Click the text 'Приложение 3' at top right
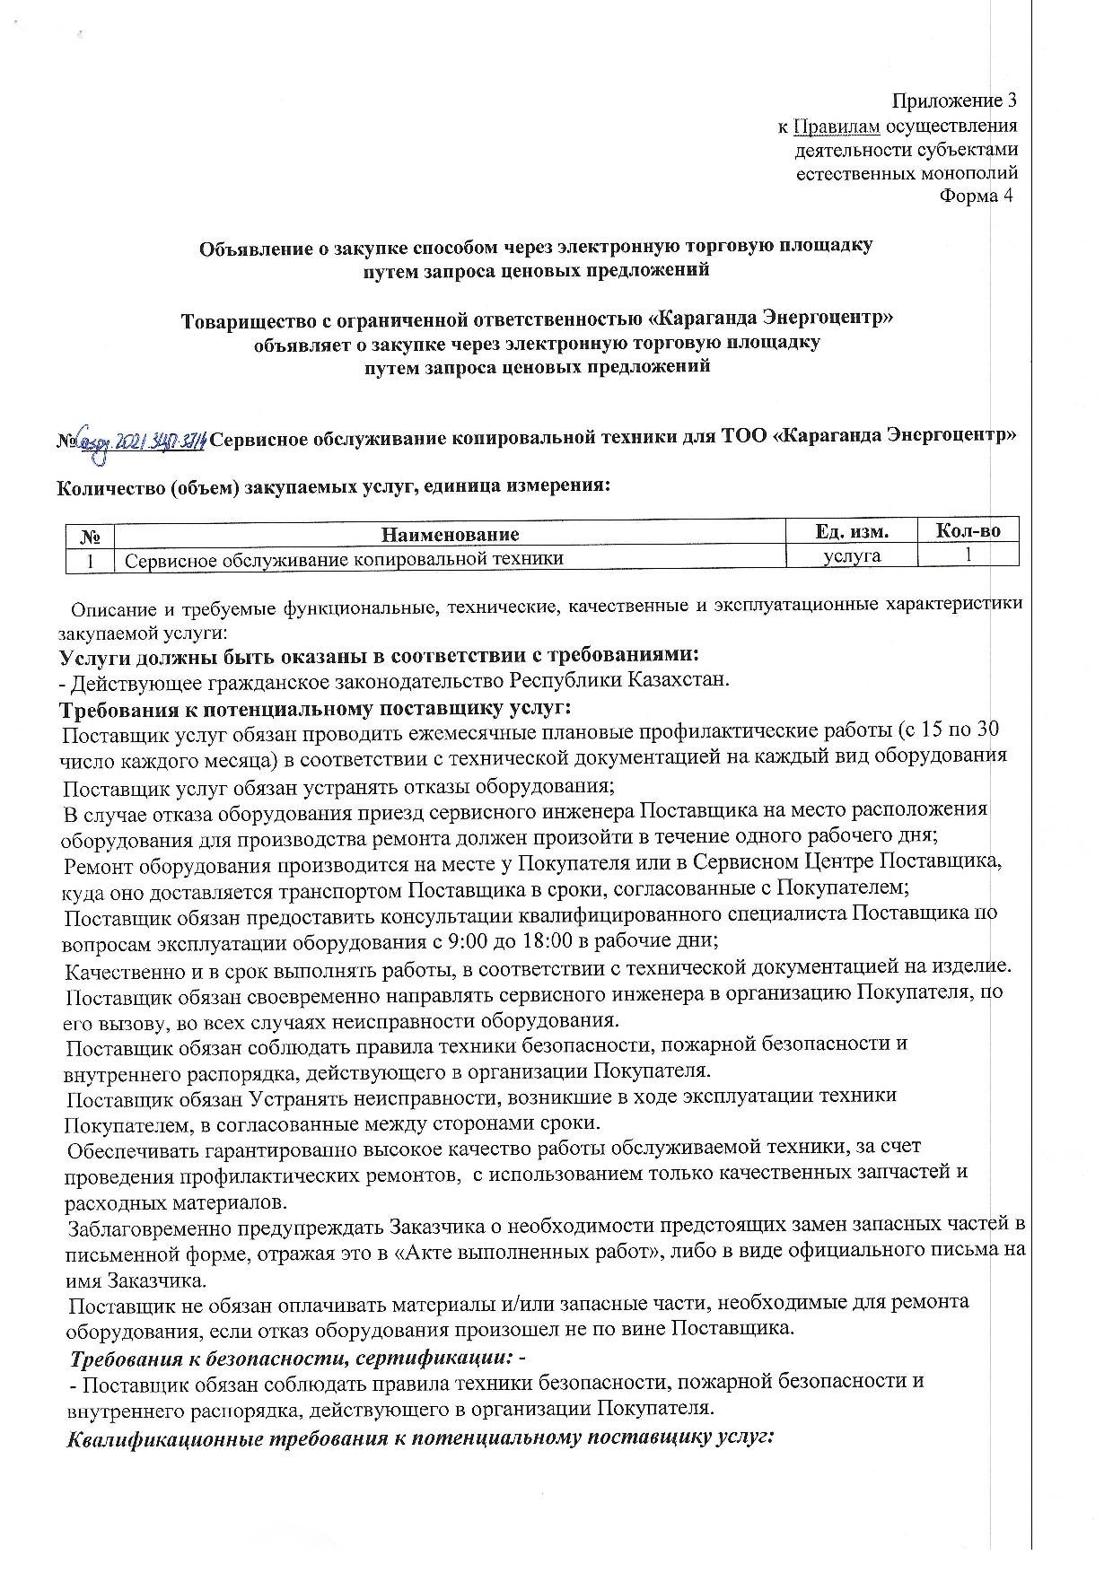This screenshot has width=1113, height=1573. [x=954, y=100]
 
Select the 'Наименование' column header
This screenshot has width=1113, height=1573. [x=451, y=535]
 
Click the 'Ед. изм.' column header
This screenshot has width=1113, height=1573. [x=852, y=531]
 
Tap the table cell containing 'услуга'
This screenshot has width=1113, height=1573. [x=852, y=556]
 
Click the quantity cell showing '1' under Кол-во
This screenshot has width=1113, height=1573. [x=968, y=555]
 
